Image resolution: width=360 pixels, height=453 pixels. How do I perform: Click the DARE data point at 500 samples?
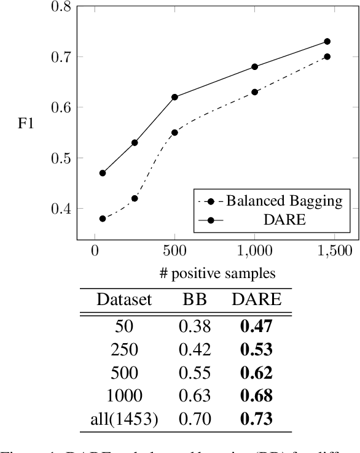click(x=174, y=97)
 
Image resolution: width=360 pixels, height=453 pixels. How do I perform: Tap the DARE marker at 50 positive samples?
click(x=103, y=173)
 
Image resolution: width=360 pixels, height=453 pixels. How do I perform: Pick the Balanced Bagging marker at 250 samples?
click(x=135, y=198)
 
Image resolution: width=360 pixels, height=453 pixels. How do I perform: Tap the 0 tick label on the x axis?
click(x=95, y=252)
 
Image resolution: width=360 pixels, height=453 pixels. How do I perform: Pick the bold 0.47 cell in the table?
click(x=256, y=326)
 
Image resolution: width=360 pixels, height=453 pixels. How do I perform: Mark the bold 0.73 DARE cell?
click(x=256, y=419)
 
